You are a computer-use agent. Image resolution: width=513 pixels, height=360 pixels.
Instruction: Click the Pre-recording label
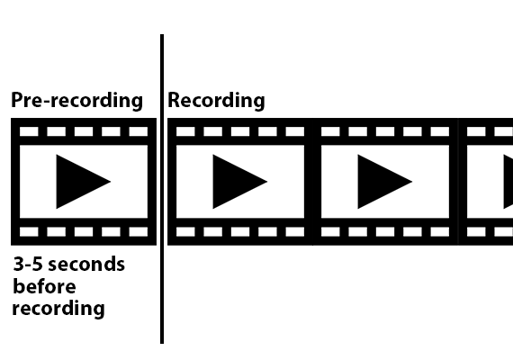(76, 101)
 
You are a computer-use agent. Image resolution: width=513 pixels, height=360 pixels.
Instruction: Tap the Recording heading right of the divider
(216, 101)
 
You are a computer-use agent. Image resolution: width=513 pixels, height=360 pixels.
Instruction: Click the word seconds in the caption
(86, 264)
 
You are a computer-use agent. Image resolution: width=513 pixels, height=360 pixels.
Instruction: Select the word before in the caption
(44, 286)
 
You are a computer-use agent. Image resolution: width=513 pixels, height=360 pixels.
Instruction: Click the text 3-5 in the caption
(28, 264)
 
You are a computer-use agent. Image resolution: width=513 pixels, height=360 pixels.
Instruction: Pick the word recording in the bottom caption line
(58, 309)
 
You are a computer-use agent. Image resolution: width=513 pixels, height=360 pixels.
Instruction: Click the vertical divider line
(162, 189)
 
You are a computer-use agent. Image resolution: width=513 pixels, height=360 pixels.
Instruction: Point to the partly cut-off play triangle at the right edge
(509, 182)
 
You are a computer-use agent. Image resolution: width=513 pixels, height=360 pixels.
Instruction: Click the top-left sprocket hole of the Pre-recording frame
(29, 131)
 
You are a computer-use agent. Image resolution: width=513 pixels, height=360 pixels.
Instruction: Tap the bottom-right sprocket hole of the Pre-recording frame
(139, 231)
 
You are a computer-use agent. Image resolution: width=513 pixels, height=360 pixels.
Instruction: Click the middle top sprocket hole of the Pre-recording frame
(84, 131)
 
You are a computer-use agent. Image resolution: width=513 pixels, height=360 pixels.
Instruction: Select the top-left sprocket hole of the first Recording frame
(185, 131)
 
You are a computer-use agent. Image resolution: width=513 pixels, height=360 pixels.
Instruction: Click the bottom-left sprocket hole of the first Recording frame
(185, 231)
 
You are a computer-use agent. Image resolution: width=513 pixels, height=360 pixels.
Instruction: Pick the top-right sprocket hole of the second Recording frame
(440, 131)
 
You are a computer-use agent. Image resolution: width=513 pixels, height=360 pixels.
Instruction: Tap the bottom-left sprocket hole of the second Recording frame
(330, 231)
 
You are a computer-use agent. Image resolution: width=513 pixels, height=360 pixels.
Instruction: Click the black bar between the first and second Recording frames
(313, 182)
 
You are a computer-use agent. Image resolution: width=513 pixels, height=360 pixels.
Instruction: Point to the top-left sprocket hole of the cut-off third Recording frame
(476, 131)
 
